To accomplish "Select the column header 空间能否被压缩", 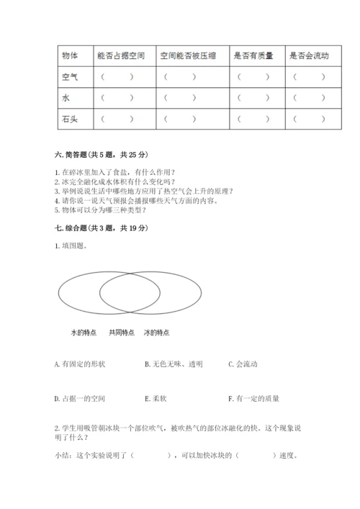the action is click(185, 55).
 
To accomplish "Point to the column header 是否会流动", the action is click(308, 55).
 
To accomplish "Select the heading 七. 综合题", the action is click(101, 228).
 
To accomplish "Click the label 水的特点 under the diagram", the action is click(84, 333).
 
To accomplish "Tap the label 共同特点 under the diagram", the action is click(121, 333).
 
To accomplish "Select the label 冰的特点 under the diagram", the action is click(157, 333).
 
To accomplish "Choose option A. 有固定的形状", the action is click(80, 364).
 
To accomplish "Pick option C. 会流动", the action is click(242, 364).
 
